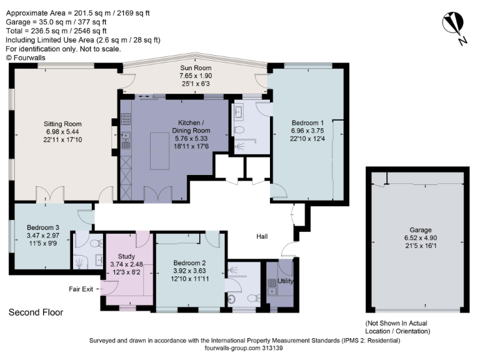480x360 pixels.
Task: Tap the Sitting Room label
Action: (x=62, y=124)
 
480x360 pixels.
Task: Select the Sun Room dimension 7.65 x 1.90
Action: (x=196, y=76)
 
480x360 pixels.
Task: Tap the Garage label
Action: (x=417, y=230)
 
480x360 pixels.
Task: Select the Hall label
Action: (x=262, y=237)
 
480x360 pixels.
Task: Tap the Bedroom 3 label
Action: (x=43, y=227)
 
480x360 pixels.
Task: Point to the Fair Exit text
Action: (x=81, y=289)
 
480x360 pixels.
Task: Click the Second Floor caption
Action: (x=36, y=312)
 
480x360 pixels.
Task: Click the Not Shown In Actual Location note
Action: (x=398, y=326)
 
